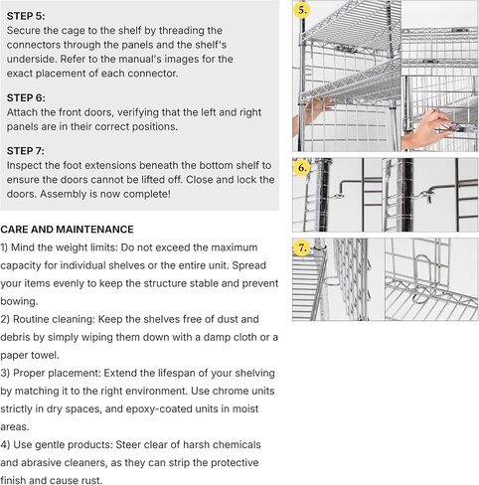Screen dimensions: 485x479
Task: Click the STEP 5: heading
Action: coord(26,16)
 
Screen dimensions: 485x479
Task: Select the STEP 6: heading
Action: coord(26,97)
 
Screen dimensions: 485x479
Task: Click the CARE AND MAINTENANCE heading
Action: coord(68,229)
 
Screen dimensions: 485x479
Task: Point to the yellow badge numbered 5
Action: coord(303,10)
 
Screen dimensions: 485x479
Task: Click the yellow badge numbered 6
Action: coord(303,168)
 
